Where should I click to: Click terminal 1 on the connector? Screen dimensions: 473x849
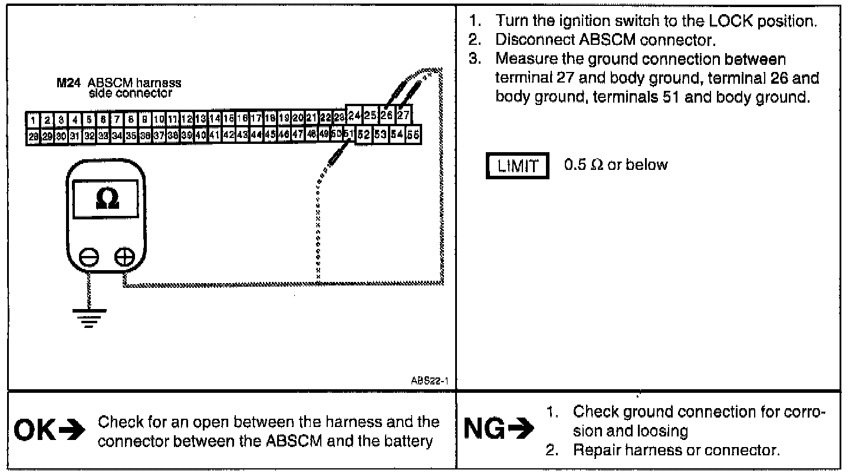pos(33,120)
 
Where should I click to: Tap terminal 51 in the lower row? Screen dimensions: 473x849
pos(348,135)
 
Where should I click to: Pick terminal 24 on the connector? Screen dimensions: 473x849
pos(354,114)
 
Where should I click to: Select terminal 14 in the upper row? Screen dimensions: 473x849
pos(214,120)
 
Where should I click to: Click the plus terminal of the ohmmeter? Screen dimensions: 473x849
pos(124,257)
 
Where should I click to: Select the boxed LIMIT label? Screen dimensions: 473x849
pos(517,166)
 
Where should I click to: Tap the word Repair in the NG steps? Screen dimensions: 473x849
pos(596,451)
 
